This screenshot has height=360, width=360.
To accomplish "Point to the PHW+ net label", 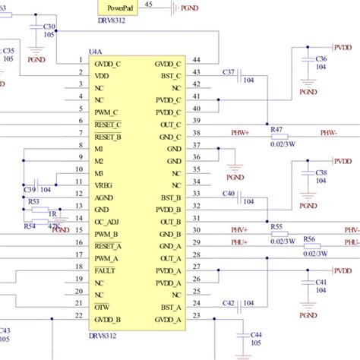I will pos(241,132).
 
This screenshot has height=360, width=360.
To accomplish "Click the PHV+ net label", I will pos(240,229).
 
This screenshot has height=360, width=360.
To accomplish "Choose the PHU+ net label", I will pos(240,242).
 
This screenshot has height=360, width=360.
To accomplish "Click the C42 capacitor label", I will pos(228,302).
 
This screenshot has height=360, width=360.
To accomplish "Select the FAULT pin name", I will pos(106,270).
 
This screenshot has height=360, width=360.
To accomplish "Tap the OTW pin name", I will pos(102,306).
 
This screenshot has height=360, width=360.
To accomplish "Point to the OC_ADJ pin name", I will pos(108,221).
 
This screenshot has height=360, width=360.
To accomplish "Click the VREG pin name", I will pos(104,185).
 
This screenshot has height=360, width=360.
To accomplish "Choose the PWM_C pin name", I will pos(107,112).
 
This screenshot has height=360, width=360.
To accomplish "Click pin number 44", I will pos(196,59).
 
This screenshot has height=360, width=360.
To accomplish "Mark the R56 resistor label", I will pos(308,238).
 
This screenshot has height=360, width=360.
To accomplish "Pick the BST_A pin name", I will pos(168,306).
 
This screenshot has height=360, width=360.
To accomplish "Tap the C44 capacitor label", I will pos(256,334).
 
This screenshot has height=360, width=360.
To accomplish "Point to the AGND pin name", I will pos(105,197).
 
